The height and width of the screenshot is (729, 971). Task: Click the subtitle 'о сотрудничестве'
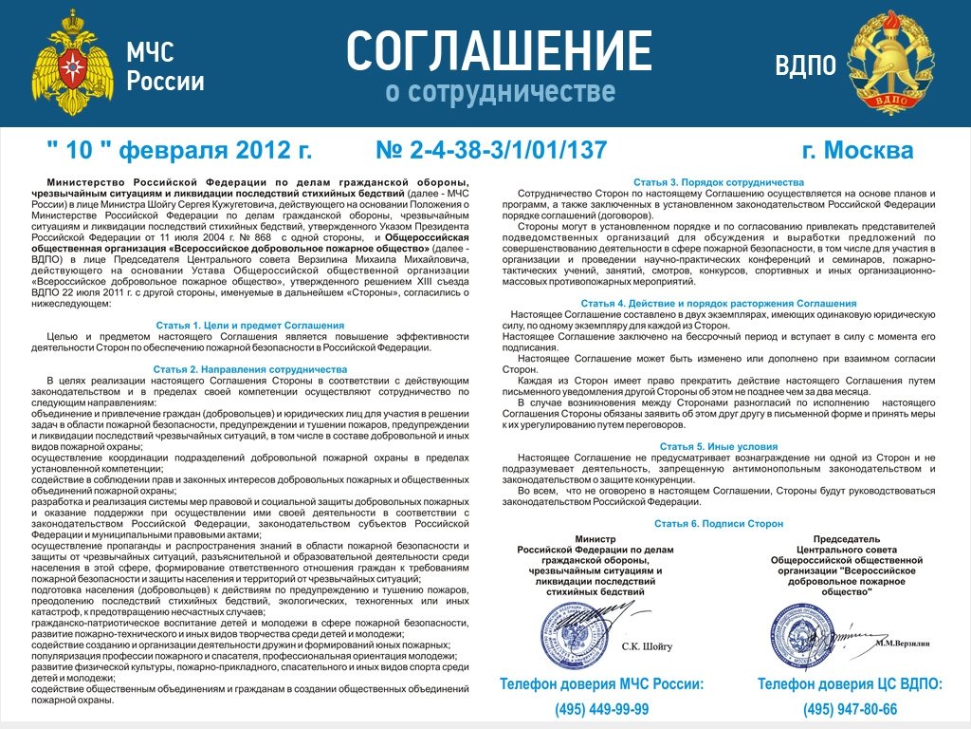coord(500,93)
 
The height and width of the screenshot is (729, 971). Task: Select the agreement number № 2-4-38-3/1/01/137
coord(491,151)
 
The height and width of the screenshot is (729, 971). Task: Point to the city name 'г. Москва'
coord(857,151)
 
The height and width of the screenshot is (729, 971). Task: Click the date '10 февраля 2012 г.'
coord(179,151)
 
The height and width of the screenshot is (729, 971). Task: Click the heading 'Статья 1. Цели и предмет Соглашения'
coord(249,326)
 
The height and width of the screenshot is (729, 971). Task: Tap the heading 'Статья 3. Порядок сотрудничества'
coord(718,181)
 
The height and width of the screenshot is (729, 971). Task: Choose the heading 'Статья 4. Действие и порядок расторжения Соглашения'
coord(718,303)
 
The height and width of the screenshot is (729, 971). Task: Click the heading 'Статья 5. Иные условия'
coord(718,445)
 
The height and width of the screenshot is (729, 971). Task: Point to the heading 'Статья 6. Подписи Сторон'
coord(718,523)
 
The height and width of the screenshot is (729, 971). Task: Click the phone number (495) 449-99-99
coord(602,709)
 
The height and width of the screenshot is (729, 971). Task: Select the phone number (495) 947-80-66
coord(850,709)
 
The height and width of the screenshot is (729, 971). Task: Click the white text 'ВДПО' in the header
coord(805,65)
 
